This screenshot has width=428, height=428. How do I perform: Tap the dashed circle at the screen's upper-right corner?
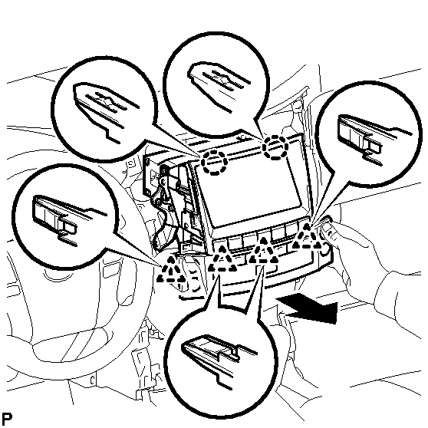(x=275, y=147)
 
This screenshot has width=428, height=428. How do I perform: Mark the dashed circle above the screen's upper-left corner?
(x=214, y=162)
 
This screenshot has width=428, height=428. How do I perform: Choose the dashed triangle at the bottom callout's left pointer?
(x=222, y=259)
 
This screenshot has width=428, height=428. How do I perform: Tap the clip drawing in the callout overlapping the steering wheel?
(x=68, y=219)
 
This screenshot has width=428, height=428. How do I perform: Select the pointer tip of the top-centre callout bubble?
(x=264, y=138)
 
